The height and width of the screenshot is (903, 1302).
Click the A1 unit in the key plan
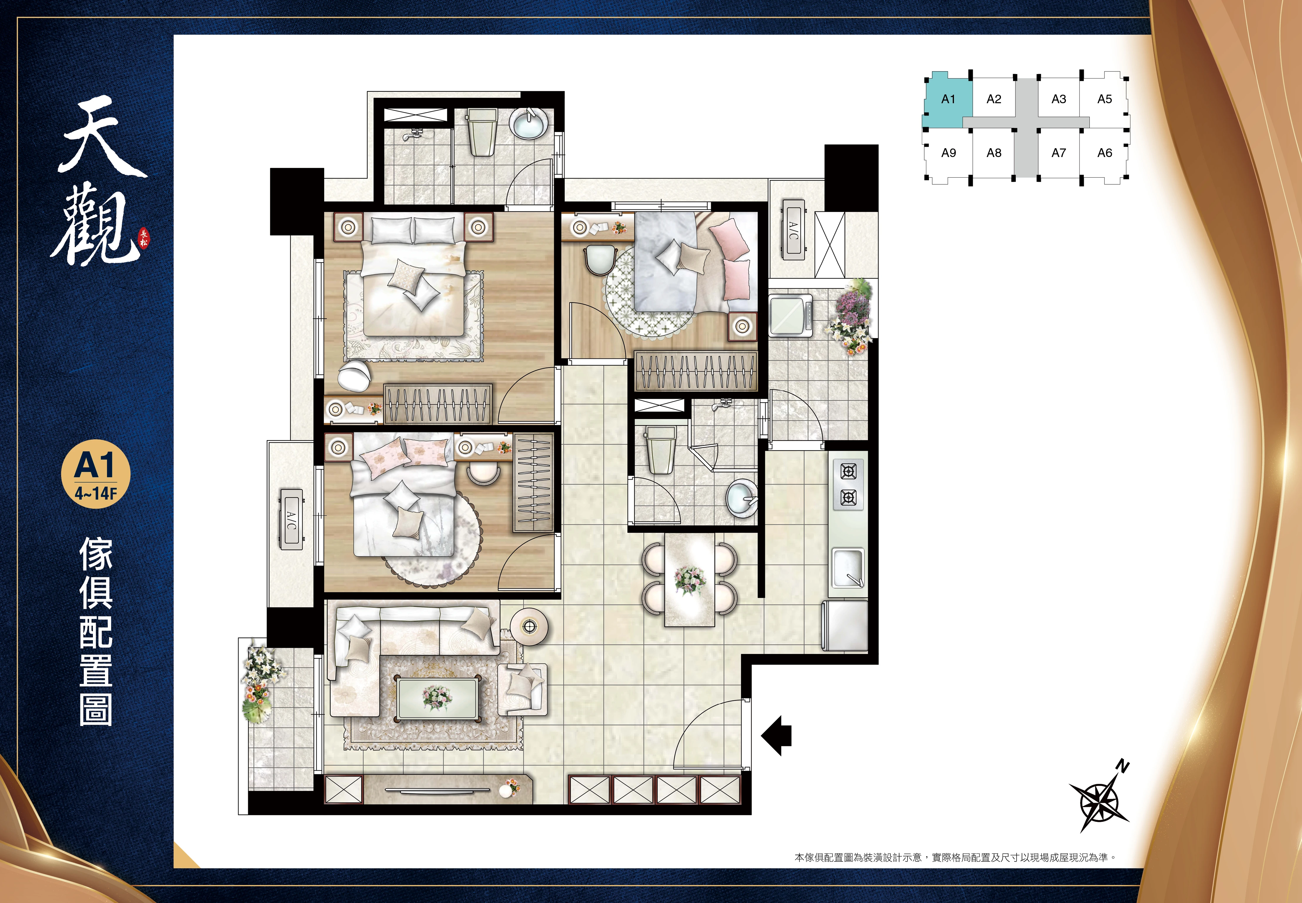(x=947, y=101)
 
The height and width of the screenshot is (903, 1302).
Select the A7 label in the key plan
(x=1058, y=153)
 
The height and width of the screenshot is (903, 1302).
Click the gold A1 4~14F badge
(x=96, y=474)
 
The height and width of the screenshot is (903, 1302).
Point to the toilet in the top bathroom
(x=481, y=132)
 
